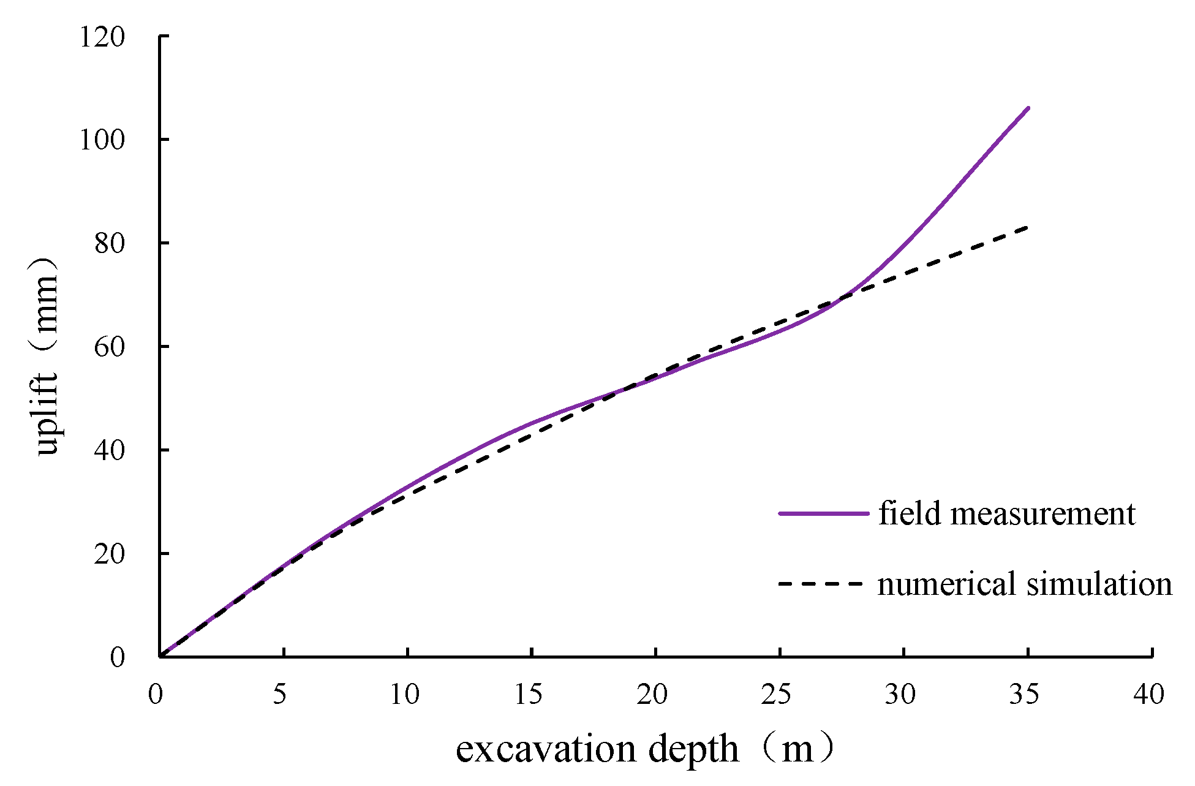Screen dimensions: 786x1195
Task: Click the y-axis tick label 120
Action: [x=102, y=38]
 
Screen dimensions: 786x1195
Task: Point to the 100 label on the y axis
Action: [x=102, y=141]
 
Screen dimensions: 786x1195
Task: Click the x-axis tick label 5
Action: [x=280, y=695]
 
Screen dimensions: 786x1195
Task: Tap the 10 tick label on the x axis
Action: [x=405, y=695]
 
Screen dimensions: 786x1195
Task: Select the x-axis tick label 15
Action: [x=529, y=695]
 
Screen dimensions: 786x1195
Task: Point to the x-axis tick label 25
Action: [x=777, y=695]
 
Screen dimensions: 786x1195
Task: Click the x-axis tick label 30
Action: [x=901, y=695]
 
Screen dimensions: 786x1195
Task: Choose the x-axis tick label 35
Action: [x=1025, y=695]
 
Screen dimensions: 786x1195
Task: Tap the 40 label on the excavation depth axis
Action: [x=1149, y=695]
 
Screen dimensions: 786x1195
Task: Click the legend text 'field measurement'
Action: [x=1007, y=513]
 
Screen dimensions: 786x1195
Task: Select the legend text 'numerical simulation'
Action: [x=1025, y=584]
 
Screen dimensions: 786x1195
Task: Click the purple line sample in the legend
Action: [x=824, y=513]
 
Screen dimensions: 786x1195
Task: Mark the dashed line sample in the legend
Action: [x=821, y=584]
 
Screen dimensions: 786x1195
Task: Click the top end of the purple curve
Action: [x=1028, y=108]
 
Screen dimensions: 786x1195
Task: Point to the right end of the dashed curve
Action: [x=1027, y=227]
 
